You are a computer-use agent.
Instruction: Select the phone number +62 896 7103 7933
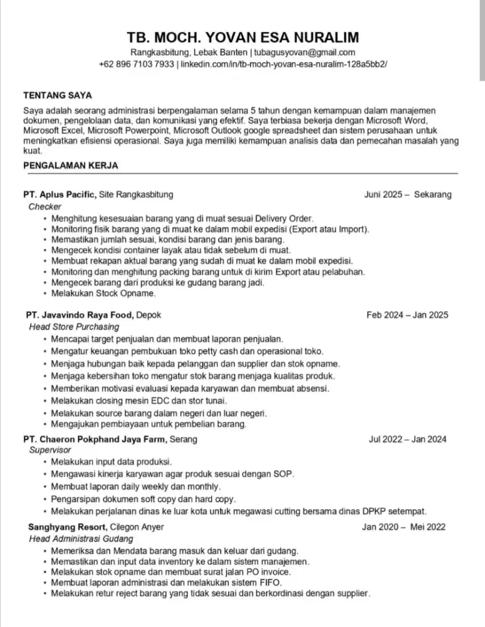point(136,65)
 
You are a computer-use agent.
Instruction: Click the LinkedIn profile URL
point(284,65)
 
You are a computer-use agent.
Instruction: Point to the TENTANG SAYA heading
point(58,95)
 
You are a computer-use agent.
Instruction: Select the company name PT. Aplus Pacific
point(60,195)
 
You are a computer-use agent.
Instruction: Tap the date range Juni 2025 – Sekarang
point(407,195)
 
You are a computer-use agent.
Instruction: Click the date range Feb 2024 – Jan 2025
point(407,315)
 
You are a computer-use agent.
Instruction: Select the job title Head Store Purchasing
point(74,327)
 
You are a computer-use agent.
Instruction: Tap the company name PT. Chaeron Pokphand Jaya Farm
point(95,439)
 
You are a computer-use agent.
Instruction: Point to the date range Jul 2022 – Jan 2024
point(408,439)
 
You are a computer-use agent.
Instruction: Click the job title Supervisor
point(50,450)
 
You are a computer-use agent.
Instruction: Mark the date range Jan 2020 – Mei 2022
point(404,527)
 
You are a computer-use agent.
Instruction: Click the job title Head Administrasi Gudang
point(81,539)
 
